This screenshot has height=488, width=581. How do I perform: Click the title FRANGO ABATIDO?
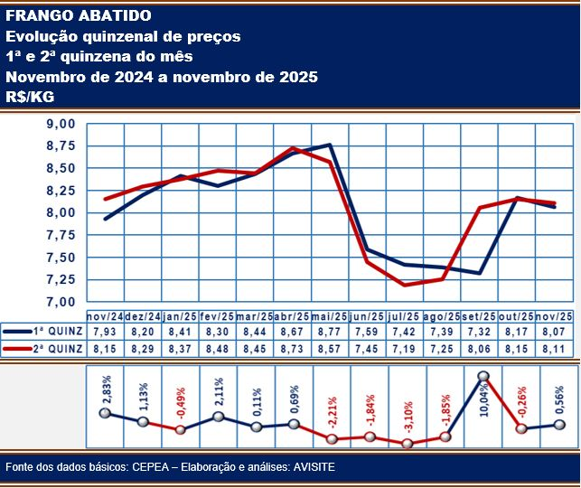(x=79, y=16)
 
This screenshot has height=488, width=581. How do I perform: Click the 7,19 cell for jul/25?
(x=404, y=348)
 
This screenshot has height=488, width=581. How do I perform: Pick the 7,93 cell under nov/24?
(x=104, y=331)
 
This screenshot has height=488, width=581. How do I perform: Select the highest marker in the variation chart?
(x=483, y=376)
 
